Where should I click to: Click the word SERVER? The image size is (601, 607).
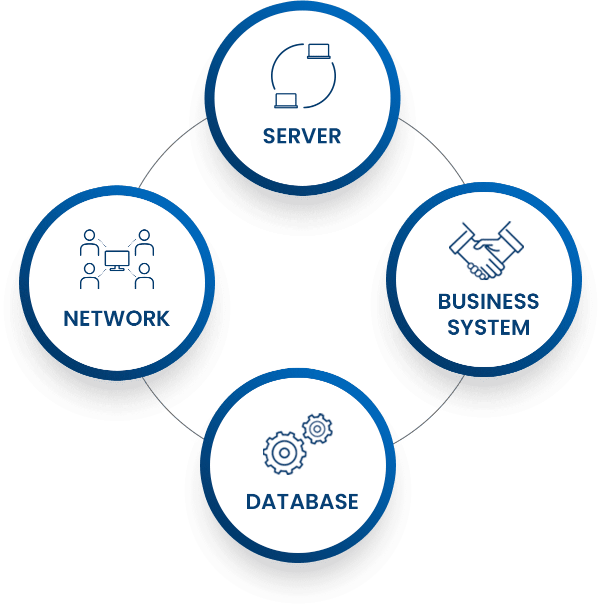coord(302,136)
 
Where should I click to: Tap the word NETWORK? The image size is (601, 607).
coord(116,318)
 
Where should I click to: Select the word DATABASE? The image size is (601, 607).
coord(302,502)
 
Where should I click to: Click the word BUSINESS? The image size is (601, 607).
coord(488,302)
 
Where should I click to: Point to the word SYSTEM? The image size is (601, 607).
coord(488,328)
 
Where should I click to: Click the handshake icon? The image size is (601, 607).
coord(486,250)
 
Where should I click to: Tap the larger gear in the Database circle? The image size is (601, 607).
coord(284,453)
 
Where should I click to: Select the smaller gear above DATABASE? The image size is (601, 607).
coord(317,429)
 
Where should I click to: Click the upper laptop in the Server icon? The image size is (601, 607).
coord(318,51)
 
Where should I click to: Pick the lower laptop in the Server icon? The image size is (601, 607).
coord(286,100)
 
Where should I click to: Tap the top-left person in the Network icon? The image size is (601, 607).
coord(89,242)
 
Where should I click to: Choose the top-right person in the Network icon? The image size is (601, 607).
coord(144,242)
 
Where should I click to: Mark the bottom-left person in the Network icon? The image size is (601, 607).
coord(89,276)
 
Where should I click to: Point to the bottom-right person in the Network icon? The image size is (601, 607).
coord(144,276)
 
